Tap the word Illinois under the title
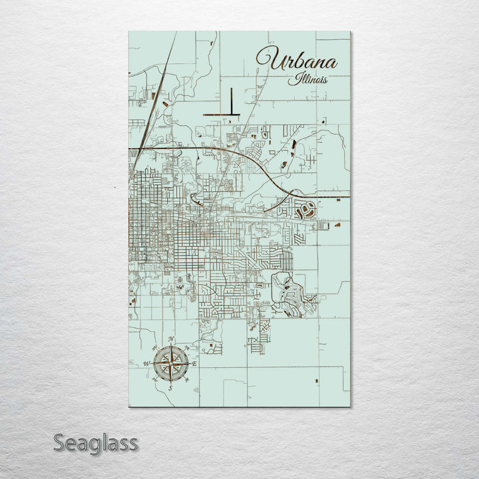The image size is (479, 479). click(308, 80)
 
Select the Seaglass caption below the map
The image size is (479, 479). click(95, 442)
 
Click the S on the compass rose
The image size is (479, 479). click(170, 388)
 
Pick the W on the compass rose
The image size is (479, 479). click(146, 364)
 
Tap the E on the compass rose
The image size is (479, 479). click(194, 364)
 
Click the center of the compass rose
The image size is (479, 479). click(170, 364)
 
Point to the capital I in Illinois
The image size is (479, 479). click(291, 79)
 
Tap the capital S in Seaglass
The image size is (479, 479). click(59, 442)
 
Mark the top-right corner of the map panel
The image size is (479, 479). click(350, 32)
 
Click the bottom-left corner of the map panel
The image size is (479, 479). click(129, 406)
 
